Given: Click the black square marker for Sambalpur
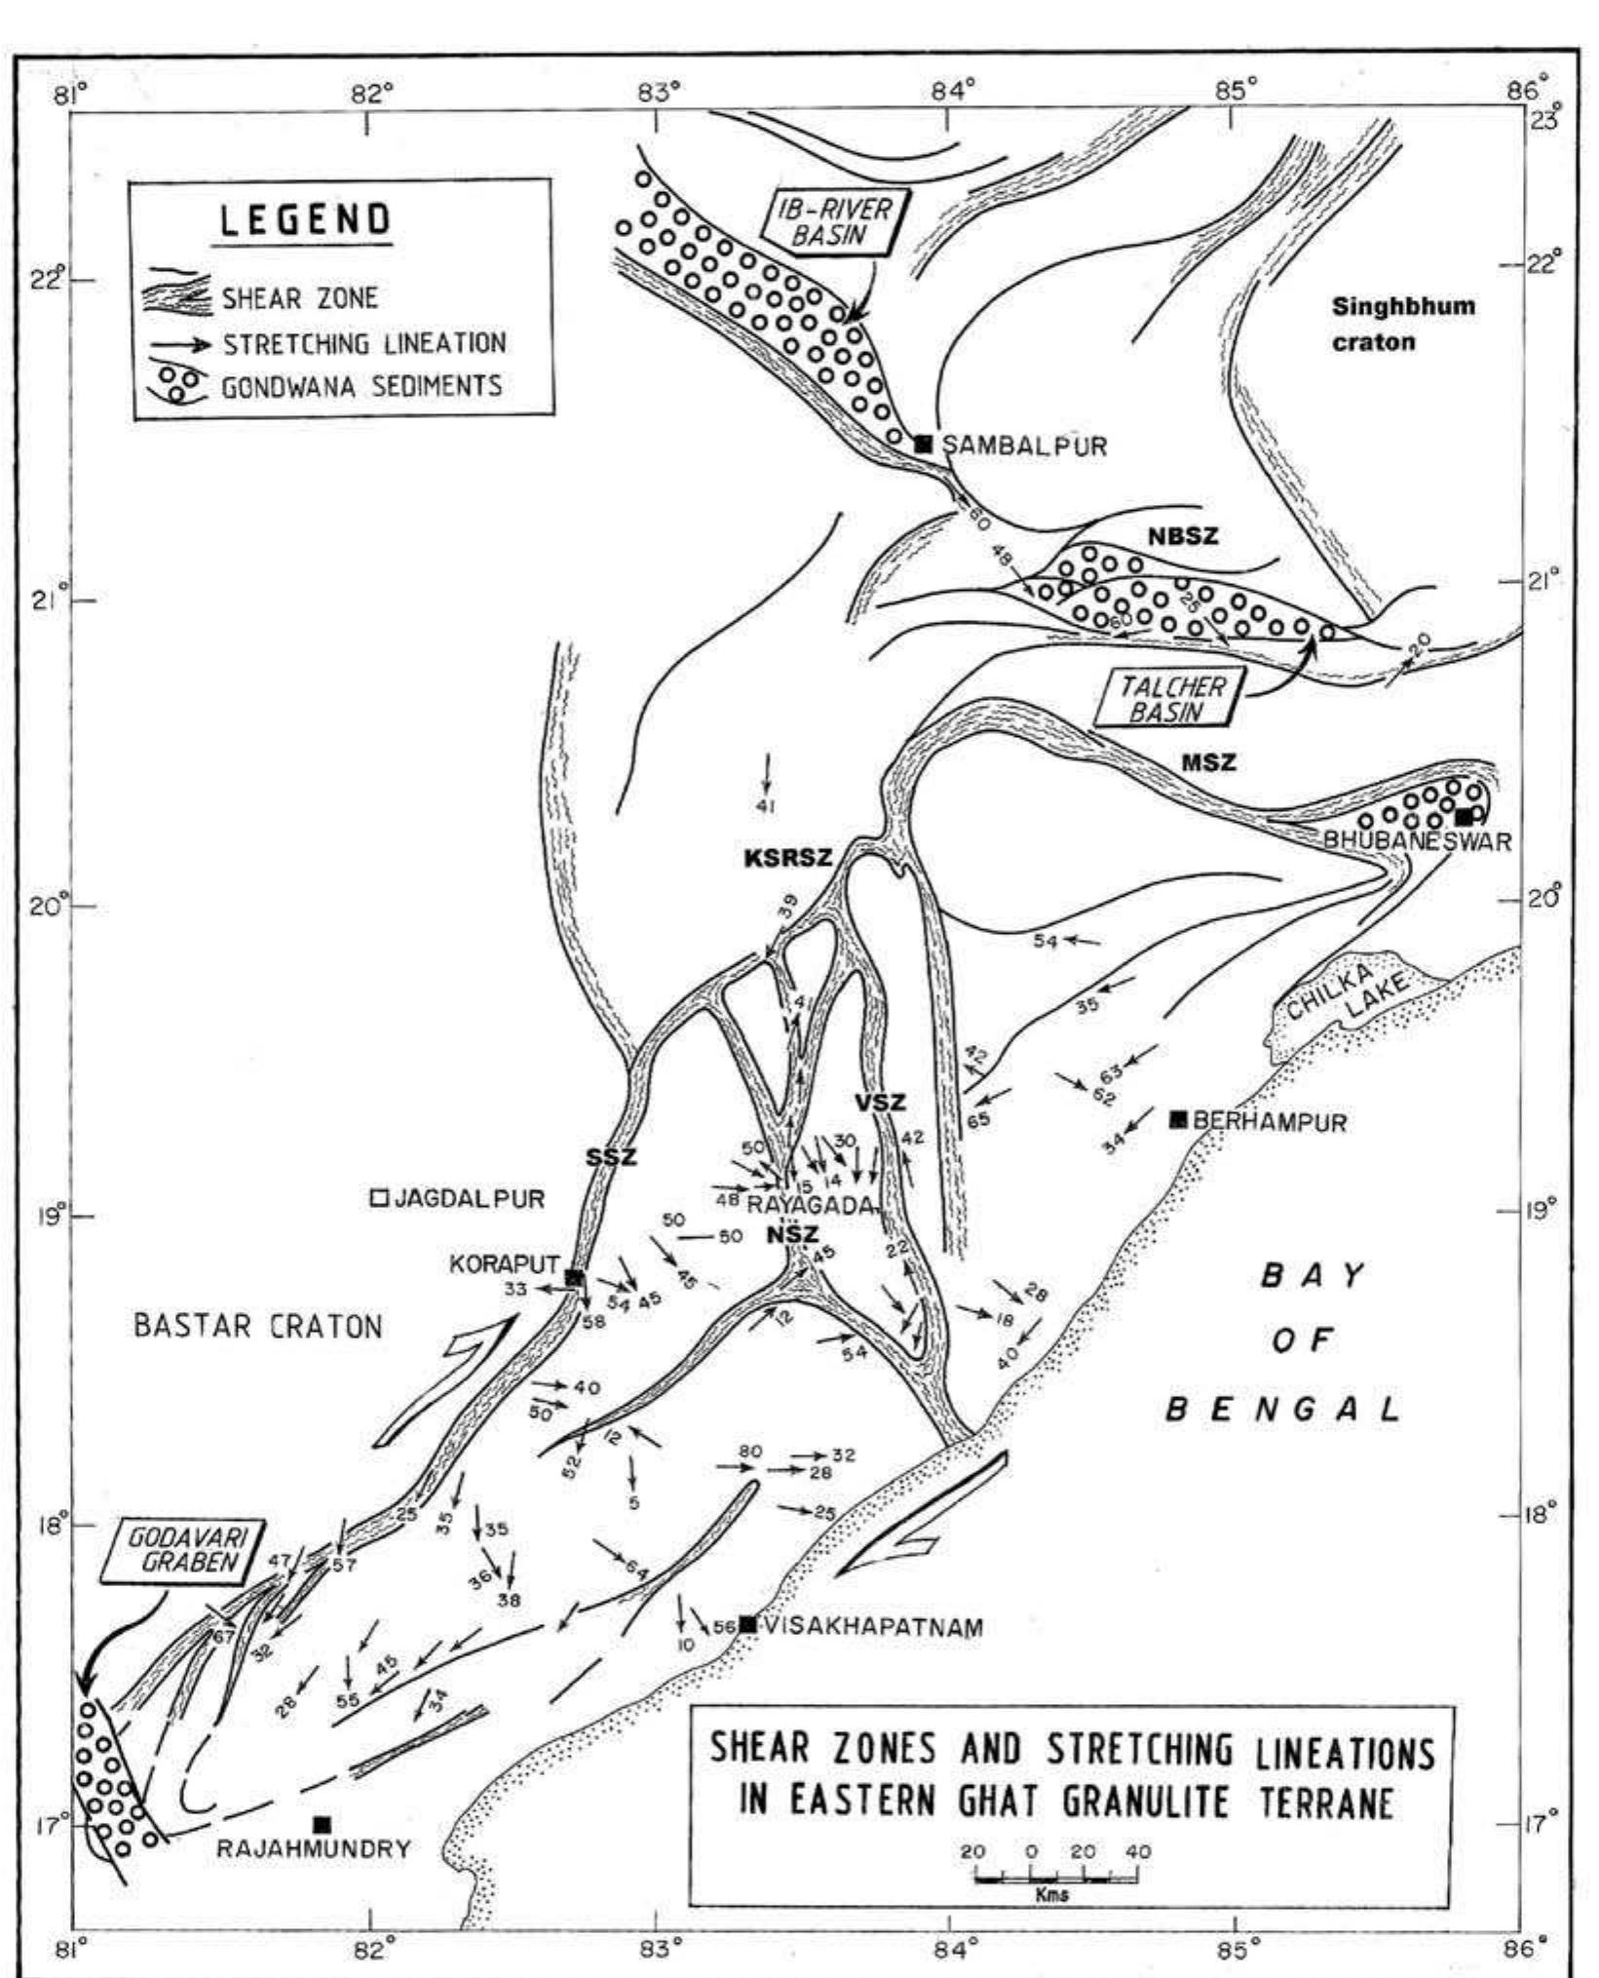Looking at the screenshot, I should tap(924, 445).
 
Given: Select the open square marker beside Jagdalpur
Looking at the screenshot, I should tap(380, 1198).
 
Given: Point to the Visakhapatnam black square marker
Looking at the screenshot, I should tap(747, 1623).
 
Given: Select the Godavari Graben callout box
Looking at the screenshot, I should tap(183, 1549).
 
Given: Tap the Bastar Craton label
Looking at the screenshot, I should tap(257, 1326).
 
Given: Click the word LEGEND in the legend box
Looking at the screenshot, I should tap(305, 220).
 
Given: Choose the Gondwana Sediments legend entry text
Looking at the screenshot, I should tap(362, 386).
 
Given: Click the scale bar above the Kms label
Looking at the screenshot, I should tap(1055, 1878).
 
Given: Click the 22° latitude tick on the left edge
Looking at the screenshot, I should tap(78, 281).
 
